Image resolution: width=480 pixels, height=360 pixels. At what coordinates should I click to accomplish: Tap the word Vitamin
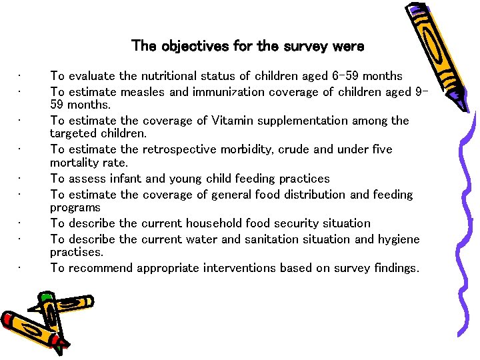click(x=232, y=121)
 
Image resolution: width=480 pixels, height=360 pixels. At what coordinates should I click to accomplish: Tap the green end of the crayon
click(x=46, y=297)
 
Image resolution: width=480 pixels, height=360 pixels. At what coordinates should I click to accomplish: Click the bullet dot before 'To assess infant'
click(x=22, y=179)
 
